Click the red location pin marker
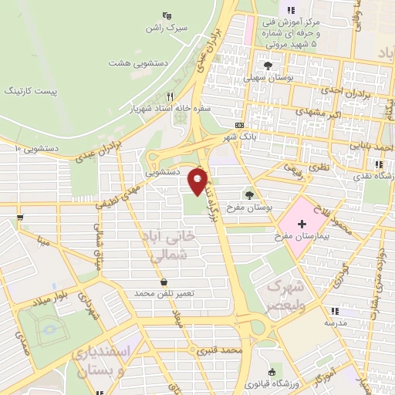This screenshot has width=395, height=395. tap(198, 182)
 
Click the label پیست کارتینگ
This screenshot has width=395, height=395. tap(30, 91)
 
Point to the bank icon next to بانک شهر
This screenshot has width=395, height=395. tap(240, 125)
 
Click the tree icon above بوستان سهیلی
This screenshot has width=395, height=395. tap(268, 66)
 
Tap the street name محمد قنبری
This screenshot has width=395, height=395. tap(220, 350)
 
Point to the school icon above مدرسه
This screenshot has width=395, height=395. tap(333, 311)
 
